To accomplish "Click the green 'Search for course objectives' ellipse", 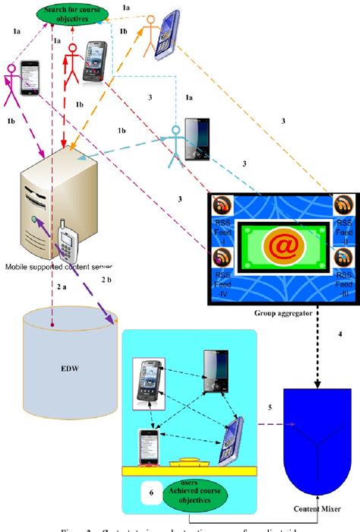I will click(x=69, y=14).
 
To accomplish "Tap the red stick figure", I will click(x=72, y=64).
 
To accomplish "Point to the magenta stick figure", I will click(x=13, y=85).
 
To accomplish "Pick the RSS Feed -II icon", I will click(x=342, y=206).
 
